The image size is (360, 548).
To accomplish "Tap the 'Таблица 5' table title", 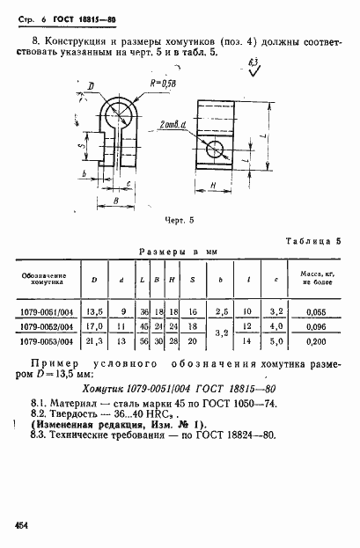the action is click(311, 239).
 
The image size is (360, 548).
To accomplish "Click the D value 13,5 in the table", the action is click(89, 311).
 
